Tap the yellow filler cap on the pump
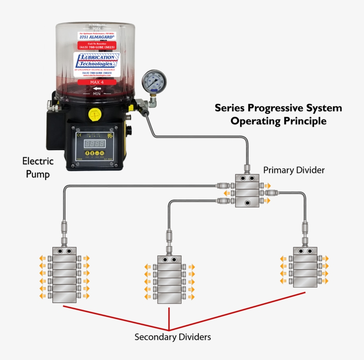tap(95, 115)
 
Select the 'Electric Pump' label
tap(38, 167)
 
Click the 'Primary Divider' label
tap(294, 170)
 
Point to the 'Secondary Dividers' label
tap(173, 337)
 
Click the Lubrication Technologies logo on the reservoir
tap(97, 61)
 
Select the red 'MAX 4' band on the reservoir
tap(97, 82)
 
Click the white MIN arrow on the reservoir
tap(96, 89)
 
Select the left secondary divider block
tap(64, 275)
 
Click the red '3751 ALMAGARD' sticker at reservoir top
tap(97, 37)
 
